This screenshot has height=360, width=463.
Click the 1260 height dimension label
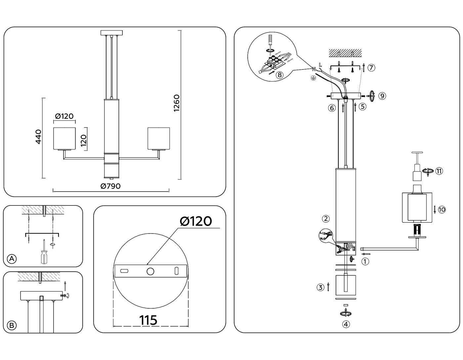pyautogui.click(x=177, y=103)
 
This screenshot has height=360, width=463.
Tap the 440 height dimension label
pyautogui.click(x=38, y=137)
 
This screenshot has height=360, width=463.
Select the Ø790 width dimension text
pyautogui.click(x=110, y=186)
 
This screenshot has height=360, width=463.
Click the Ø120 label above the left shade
pyautogui.click(x=64, y=116)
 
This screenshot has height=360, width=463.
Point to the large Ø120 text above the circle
pyautogui.click(x=196, y=221)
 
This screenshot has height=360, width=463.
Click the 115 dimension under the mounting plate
pyautogui.click(x=148, y=320)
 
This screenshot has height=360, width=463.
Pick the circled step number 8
pyautogui.click(x=280, y=75)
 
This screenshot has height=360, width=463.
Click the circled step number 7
pyautogui.click(x=371, y=68)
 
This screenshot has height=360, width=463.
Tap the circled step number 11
pyautogui.click(x=439, y=171)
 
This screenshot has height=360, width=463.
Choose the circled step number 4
pyautogui.click(x=346, y=324)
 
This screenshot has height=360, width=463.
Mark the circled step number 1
pyautogui.click(x=365, y=261)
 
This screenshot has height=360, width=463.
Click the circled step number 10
pyautogui.click(x=442, y=209)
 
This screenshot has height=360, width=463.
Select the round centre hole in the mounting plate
pyautogui.click(x=150, y=272)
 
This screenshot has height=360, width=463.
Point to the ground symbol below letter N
pyautogui.click(x=313, y=78)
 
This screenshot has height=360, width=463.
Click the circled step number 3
pyautogui.click(x=320, y=288)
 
